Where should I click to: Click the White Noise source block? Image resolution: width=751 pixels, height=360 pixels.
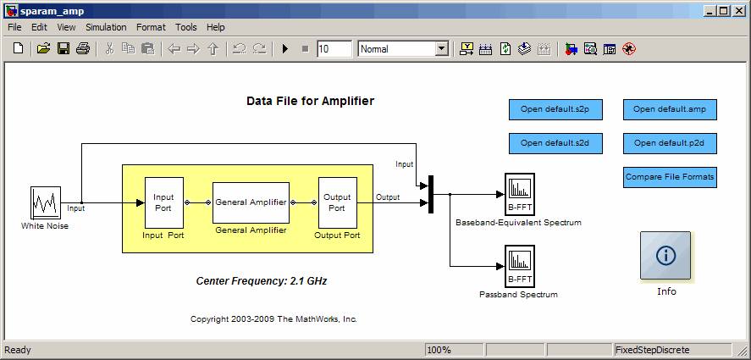pos(46,202)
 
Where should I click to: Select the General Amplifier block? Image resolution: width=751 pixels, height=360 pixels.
pos(251,202)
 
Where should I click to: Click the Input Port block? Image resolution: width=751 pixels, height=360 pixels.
pos(164,202)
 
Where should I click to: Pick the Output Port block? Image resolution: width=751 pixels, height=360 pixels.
pos(338,202)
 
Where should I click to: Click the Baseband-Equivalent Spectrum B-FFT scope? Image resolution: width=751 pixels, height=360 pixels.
pos(520,195)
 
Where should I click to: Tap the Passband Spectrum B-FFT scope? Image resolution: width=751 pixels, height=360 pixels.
pos(520,267)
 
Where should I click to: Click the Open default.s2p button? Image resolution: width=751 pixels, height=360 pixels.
pos(555,109)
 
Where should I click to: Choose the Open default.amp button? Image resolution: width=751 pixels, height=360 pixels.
pos(670,109)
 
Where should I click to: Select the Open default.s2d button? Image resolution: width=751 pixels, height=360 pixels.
pos(555,143)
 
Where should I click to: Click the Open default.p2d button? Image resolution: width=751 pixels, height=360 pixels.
pos(670,143)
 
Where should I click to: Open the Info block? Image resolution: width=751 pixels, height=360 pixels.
pos(665,256)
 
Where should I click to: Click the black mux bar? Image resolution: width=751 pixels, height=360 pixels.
pos(431,194)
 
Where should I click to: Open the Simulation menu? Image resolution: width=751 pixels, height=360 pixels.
pos(106,27)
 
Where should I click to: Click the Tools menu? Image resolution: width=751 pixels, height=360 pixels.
pos(185,27)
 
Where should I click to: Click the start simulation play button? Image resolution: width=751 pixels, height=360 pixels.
pos(285,49)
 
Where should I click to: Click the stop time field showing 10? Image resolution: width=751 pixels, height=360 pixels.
pos(334,49)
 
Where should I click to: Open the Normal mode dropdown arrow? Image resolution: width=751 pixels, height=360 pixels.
pos(442,49)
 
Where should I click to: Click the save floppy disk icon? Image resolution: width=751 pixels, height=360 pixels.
pos(64,48)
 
